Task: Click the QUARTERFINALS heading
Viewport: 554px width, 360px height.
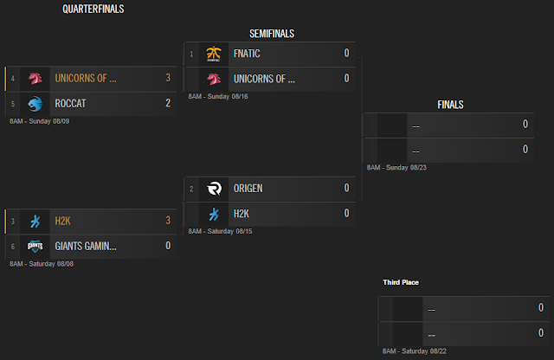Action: (93, 9)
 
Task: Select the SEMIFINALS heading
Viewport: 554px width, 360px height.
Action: (272, 34)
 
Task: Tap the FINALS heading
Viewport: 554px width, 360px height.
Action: (450, 105)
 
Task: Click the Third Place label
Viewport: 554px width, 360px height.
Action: (401, 282)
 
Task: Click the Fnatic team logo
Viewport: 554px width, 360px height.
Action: (214, 54)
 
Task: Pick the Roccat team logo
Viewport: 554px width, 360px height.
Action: (35, 104)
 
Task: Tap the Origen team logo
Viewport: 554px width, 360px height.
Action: (214, 189)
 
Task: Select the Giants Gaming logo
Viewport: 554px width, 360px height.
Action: (35, 247)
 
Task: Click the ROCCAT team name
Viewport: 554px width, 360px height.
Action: (70, 104)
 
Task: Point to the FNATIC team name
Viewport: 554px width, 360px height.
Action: (247, 54)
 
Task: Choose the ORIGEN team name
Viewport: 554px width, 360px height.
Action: (248, 189)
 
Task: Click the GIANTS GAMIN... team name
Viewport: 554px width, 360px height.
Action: (86, 246)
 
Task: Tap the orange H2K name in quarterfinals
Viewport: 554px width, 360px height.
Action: (62, 222)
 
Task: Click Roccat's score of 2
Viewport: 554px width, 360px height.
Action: (168, 103)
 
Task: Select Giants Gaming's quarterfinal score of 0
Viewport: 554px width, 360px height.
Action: (168, 246)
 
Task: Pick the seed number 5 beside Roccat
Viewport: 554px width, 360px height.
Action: (13, 104)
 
